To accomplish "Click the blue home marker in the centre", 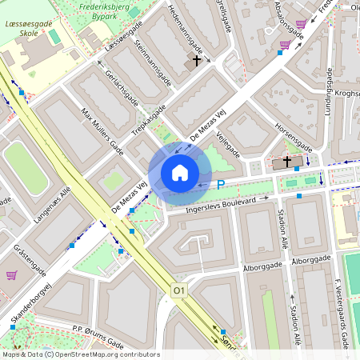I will click(180, 173).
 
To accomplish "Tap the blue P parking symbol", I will click(222, 185).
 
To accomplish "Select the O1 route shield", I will click(179, 291).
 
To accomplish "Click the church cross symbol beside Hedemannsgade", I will click(196, 61).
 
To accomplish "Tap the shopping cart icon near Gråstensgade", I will click(11, 275).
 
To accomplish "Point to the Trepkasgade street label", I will click(149, 120).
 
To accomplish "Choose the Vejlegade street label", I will click(229, 138).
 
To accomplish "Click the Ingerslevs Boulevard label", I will click(220, 204).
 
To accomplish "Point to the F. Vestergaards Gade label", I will click(342, 312).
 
